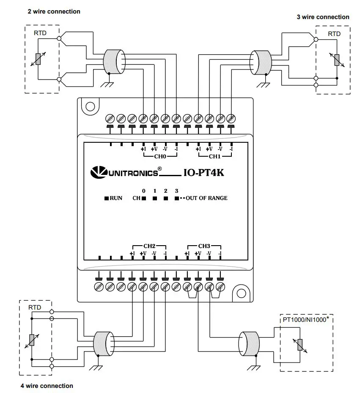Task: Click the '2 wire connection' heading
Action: [54, 11]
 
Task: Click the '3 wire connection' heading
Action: [323, 17]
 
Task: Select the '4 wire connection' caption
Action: [47, 386]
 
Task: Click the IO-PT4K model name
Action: [203, 172]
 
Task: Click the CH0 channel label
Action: [159, 157]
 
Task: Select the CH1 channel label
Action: [214, 157]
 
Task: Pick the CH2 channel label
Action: [149, 246]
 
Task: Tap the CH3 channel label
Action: [204, 246]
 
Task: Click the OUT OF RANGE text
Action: [206, 198]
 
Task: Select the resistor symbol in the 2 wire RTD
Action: [38, 59]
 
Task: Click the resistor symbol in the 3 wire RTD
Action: [337, 60]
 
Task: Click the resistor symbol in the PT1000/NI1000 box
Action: [300, 345]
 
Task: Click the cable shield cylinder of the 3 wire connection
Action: [261, 62]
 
